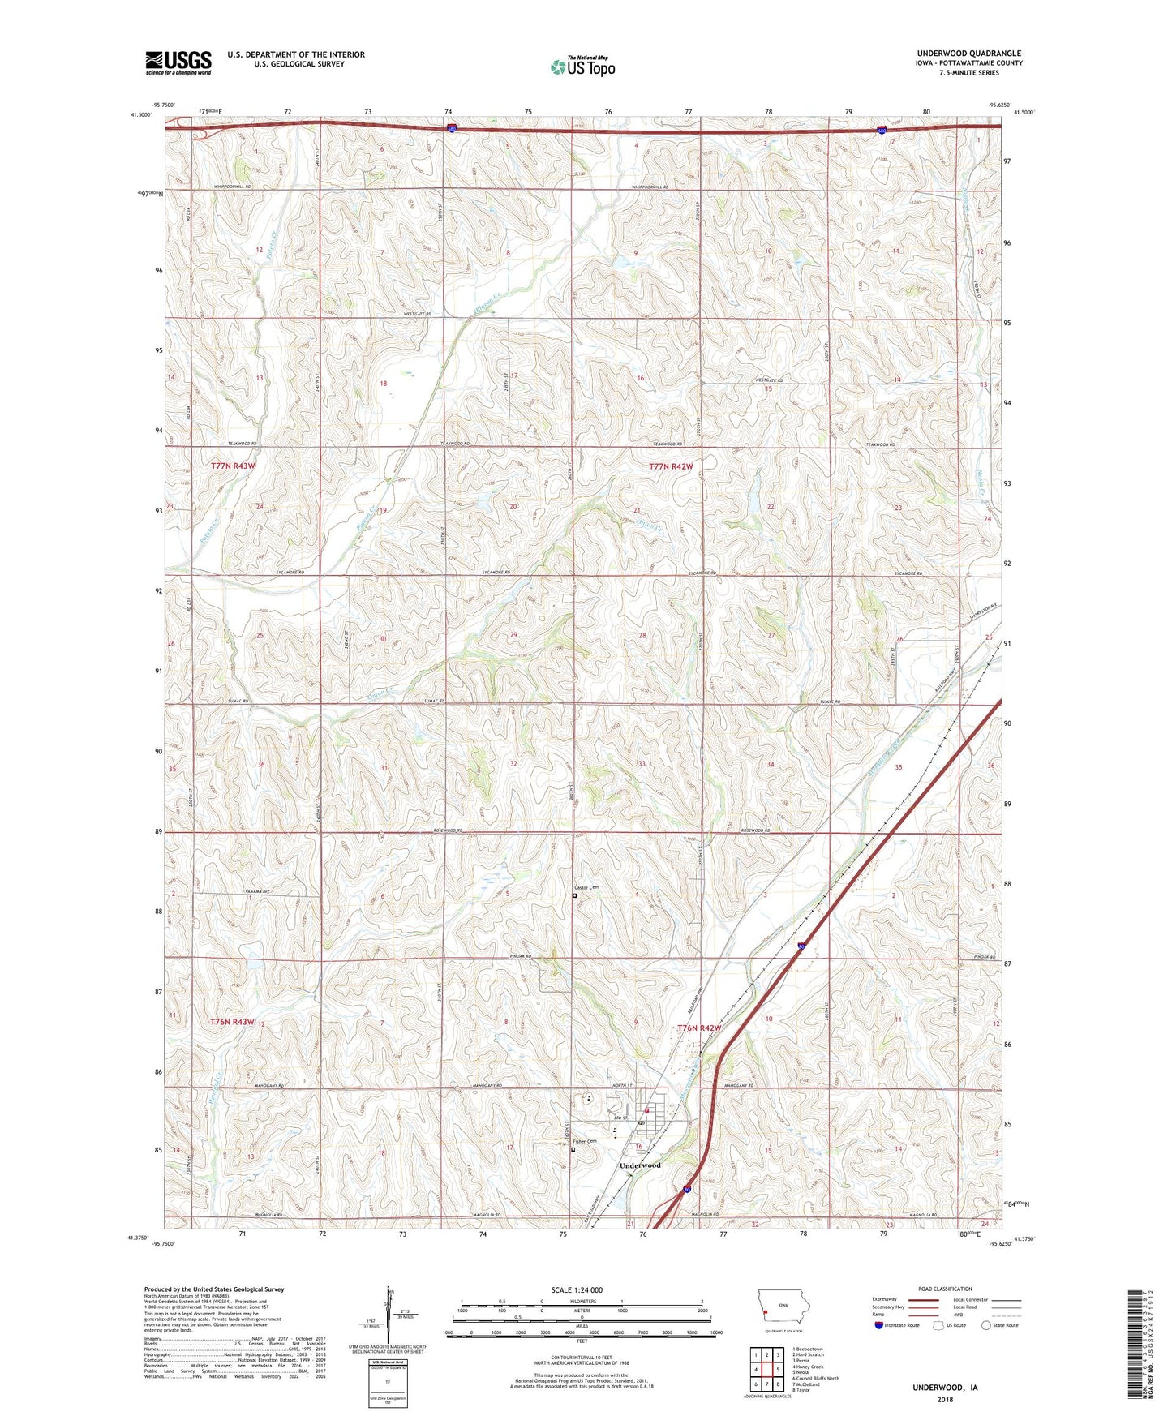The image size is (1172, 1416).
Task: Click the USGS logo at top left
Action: (x=178, y=62)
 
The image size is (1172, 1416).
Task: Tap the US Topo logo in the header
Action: (x=582, y=67)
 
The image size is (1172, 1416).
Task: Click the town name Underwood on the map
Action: (x=640, y=1165)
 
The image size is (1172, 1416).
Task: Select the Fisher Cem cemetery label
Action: (x=585, y=1141)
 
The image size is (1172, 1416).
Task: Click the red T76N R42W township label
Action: (x=699, y=1028)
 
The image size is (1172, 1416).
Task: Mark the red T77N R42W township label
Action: (x=672, y=466)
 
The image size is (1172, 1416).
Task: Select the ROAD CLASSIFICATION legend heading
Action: (x=946, y=1289)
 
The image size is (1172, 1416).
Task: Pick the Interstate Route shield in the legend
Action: (x=879, y=1325)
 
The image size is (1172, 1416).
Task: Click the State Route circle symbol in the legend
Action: (x=986, y=1325)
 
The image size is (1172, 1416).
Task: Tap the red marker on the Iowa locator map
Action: (x=765, y=1315)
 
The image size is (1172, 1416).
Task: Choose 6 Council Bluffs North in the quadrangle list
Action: (x=815, y=1378)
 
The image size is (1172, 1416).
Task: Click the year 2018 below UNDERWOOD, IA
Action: (x=945, y=1399)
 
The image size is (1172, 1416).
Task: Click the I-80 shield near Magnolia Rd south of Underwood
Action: (x=687, y=1190)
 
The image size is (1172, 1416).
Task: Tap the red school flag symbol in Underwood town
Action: (x=646, y=1109)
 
